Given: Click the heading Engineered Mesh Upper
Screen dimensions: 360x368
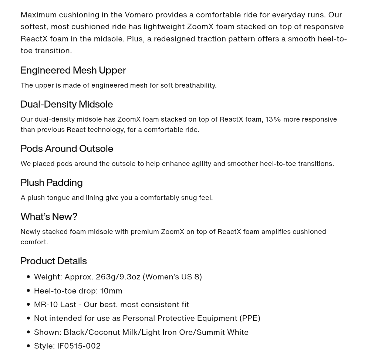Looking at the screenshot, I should coord(73,70).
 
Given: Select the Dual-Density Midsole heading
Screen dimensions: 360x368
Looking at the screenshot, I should coord(67,104).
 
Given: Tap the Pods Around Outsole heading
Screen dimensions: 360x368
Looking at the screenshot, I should coord(67,149).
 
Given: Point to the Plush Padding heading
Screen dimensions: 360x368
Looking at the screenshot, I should coord(51,183).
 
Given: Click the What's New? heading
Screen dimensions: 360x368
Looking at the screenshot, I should coord(49,217).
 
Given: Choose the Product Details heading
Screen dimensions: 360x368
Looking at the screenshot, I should coord(54,261).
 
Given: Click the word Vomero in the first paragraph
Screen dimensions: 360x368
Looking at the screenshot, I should coord(139,15).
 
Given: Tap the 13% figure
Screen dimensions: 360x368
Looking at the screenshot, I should coord(273,119).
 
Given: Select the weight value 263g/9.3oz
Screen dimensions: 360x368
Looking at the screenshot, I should coord(118,277).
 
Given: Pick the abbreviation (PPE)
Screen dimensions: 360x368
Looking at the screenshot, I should coord(250,318).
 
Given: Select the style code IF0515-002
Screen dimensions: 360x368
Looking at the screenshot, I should coord(79,346).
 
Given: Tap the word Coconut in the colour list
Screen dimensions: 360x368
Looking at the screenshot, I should coord(104,332).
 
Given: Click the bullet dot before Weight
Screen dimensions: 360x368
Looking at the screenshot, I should coord(28,277).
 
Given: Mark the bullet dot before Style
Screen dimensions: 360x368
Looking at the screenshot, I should coord(28,346).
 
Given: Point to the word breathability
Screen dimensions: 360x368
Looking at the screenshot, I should coord(195,85).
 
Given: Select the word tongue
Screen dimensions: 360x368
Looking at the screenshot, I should coord(58,198).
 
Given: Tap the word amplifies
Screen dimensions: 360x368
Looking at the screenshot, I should coord(276,232).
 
